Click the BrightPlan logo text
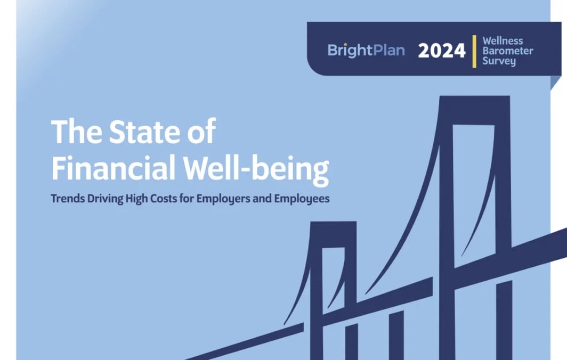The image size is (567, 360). point(366,51)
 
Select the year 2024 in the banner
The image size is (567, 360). point(442,51)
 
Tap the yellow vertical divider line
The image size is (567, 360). point(474,51)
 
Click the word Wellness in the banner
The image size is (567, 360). point(503,41)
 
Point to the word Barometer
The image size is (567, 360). point(507,51)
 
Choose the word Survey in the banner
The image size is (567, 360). point(499,61)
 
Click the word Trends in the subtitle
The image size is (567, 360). point(66,199)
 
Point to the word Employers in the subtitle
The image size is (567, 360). point(219,199)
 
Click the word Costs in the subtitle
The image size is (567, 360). point(164,199)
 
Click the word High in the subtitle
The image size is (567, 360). point(136,199)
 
